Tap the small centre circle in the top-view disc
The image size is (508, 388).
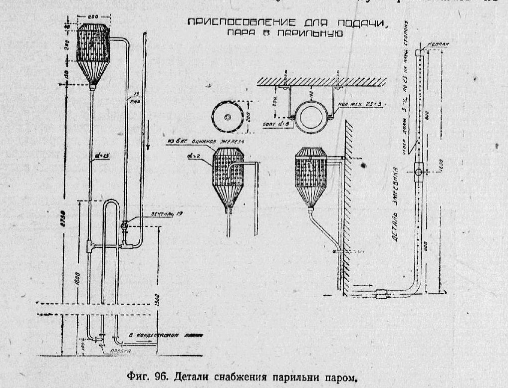pos(228,117)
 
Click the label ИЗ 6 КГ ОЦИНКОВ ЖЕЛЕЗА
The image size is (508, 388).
pos(206,142)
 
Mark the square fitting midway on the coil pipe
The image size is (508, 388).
pos(418,171)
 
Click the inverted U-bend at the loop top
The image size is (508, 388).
pos(111,202)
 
